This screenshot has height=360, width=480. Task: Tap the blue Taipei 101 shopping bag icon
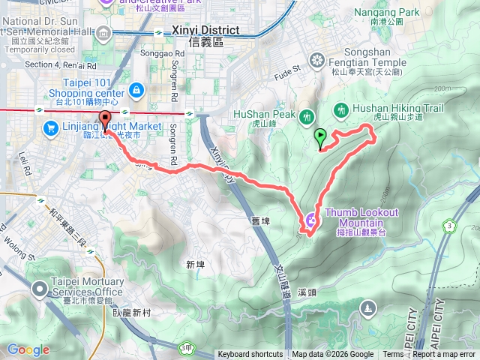click(136, 91)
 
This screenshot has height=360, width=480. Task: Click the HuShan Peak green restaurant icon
click(306, 117)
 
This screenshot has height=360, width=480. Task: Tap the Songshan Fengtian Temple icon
click(317, 60)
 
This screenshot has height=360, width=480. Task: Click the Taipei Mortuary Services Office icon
click(40, 288)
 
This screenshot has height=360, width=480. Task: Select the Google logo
click(28, 349)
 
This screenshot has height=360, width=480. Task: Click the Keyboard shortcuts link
click(250, 355)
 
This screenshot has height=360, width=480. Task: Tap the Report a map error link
click(444, 355)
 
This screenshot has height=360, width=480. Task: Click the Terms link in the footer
click(393, 355)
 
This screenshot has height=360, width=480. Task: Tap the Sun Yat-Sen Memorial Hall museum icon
click(103, 32)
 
